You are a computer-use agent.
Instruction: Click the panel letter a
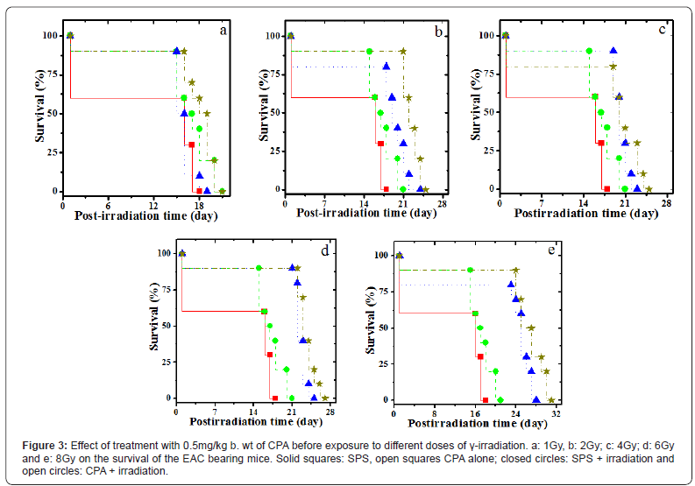pyautogui.click(x=224, y=31)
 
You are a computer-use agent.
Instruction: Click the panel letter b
pyautogui.click(x=438, y=31)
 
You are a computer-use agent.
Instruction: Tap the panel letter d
pyautogui.click(x=325, y=251)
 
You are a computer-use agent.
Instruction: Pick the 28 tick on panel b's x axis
pyautogui.click(x=443, y=203)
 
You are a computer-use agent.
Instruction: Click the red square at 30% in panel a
pyautogui.click(x=191, y=144)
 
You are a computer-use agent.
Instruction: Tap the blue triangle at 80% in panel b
pyautogui.click(x=386, y=67)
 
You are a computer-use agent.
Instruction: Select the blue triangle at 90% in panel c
pyautogui.click(x=613, y=51)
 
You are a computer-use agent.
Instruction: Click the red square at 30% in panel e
pyautogui.click(x=480, y=356)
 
